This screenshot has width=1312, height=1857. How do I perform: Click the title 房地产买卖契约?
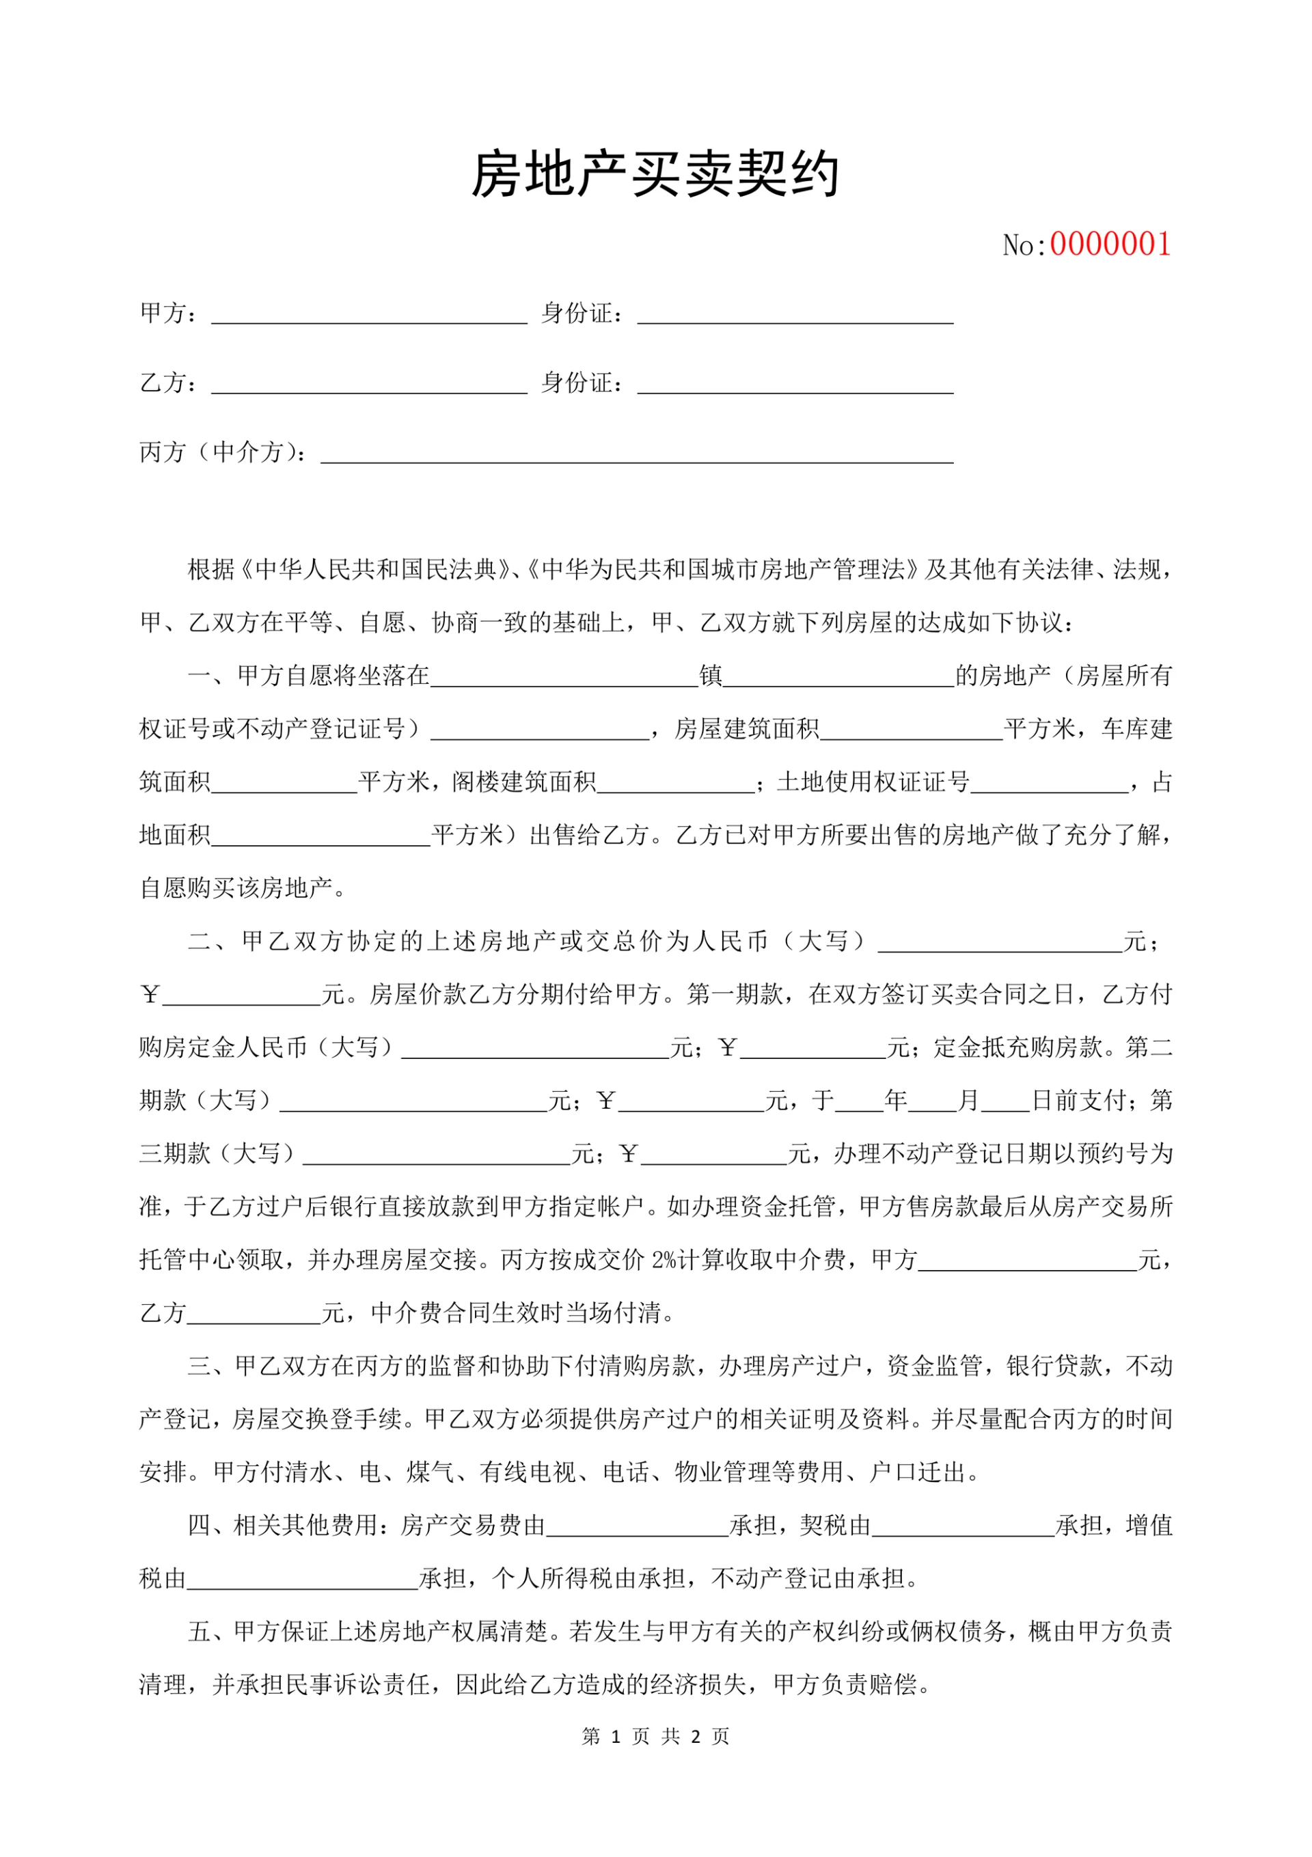point(655,175)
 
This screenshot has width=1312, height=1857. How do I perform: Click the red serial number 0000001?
point(1110,245)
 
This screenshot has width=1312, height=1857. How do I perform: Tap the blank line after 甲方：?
point(369,316)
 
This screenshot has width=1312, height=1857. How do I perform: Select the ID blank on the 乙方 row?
point(795,385)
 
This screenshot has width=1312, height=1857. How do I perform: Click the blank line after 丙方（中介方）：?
point(638,454)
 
